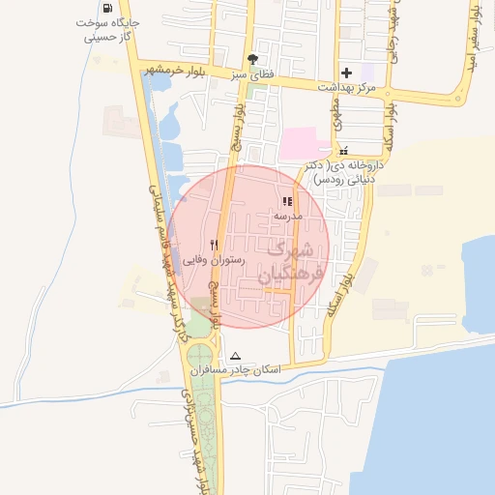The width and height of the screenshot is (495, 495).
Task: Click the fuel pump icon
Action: click(x=118, y=8)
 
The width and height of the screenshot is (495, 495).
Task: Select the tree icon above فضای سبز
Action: click(x=252, y=58)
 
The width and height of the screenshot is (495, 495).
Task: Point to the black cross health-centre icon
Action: click(x=346, y=73)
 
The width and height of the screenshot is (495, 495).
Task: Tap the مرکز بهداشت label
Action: click(x=345, y=88)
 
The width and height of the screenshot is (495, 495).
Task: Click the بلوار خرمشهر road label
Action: click(x=188, y=71)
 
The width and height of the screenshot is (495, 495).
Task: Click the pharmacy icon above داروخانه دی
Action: click(x=343, y=151)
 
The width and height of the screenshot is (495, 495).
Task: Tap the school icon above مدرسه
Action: click(x=286, y=202)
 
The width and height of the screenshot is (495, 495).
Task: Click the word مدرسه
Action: click(x=287, y=217)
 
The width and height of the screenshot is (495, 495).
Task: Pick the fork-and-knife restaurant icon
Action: click(x=215, y=245)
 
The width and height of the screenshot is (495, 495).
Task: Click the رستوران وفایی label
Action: click(x=216, y=260)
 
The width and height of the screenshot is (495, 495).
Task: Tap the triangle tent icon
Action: click(x=235, y=356)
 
